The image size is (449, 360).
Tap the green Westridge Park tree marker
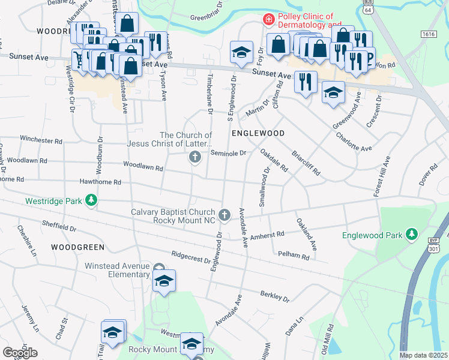coord(91,200)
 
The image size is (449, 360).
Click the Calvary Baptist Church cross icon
coord(224,214)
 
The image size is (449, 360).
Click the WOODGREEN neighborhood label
coord(77,247)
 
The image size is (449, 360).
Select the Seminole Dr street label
coord(228,153)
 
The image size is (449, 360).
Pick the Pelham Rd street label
coord(293,256)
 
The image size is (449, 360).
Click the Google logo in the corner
coord(20,353)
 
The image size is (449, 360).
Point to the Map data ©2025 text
coord(423,355)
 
